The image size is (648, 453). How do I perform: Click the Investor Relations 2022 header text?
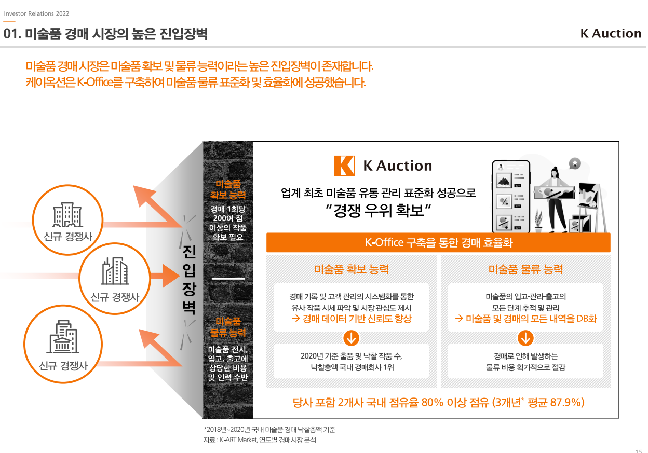36,13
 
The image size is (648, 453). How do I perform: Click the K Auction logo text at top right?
611,34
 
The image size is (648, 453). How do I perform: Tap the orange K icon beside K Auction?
344,166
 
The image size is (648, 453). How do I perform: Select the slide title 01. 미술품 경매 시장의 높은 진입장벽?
106,34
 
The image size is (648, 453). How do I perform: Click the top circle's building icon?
67,214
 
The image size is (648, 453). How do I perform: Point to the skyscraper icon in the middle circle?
115,271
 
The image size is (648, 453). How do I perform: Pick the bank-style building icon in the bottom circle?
63,337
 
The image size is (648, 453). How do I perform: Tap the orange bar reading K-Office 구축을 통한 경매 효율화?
438,242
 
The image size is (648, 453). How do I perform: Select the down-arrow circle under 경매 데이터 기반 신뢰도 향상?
352,338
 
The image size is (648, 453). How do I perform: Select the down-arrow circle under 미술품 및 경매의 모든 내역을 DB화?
525,338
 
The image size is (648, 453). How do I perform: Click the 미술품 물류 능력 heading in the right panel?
525,269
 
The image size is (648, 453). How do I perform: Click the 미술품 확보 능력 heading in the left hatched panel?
352,269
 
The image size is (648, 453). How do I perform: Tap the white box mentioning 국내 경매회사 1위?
352,362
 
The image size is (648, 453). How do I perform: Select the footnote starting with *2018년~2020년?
269,430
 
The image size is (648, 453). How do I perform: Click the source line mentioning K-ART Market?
260,441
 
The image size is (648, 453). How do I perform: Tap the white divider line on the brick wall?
228,279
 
